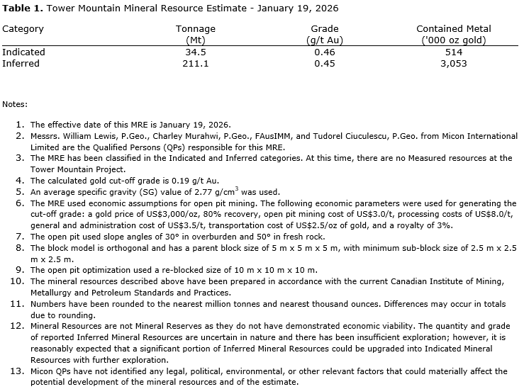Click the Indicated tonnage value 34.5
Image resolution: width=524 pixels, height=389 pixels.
(x=195, y=52)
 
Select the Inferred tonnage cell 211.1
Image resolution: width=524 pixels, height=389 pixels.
(x=195, y=63)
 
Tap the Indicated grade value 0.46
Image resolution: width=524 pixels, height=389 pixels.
(x=324, y=52)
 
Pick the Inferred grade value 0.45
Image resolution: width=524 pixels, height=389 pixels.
(x=324, y=63)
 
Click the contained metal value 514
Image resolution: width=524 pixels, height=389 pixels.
(x=454, y=52)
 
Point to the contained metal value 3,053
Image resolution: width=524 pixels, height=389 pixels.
(x=454, y=63)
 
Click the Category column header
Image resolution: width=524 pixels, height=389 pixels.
(x=23, y=29)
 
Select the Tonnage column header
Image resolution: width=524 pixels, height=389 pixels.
(x=195, y=29)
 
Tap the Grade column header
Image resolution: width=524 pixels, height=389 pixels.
(x=324, y=29)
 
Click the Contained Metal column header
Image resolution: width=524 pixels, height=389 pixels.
(x=454, y=29)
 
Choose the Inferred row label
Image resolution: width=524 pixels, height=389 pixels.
(x=21, y=63)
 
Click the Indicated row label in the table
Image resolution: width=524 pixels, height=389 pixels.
(x=23, y=52)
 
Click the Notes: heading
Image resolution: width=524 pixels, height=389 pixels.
(x=14, y=104)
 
